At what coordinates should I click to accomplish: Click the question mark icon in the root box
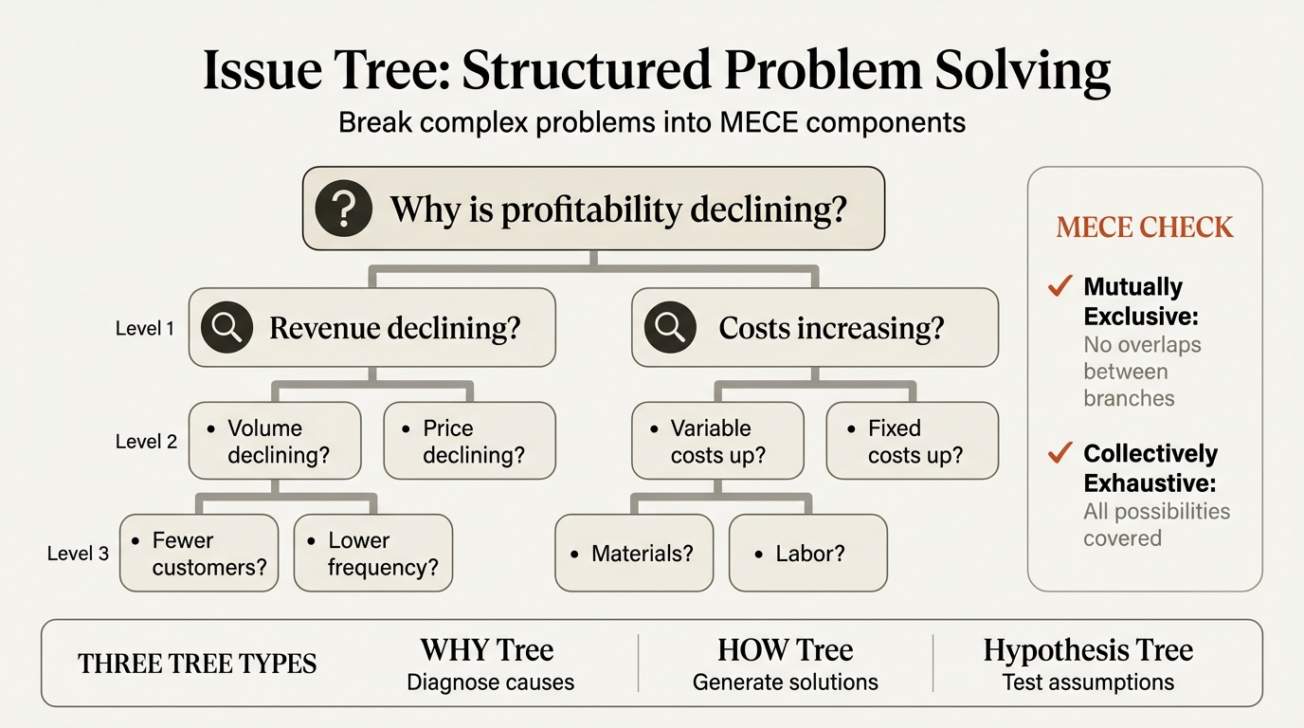[x=343, y=209]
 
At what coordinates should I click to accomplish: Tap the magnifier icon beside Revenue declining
[x=226, y=327]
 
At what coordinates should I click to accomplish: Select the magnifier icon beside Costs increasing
[x=670, y=327]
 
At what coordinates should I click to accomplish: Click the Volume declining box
[x=276, y=441]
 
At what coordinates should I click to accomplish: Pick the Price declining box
[x=470, y=441]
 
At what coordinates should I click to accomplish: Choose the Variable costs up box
[x=717, y=441]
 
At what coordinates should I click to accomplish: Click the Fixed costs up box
[x=913, y=441]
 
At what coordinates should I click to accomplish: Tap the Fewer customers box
[x=200, y=554]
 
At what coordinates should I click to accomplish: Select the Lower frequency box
[x=373, y=554]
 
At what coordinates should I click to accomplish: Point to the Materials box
[x=633, y=553]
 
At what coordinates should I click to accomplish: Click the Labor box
[x=808, y=553]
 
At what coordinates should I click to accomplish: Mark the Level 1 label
[x=145, y=329]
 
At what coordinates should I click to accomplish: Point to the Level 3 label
[x=78, y=554]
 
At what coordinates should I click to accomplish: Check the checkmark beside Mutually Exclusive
[x=1060, y=285]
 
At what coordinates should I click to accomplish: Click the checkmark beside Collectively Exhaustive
[x=1060, y=453]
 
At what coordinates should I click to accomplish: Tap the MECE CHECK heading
[x=1145, y=227]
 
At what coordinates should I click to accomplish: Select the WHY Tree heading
[x=487, y=650]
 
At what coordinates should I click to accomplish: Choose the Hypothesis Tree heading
[x=1088, y=650]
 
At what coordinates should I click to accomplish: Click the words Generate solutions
[x=785, y=682]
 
